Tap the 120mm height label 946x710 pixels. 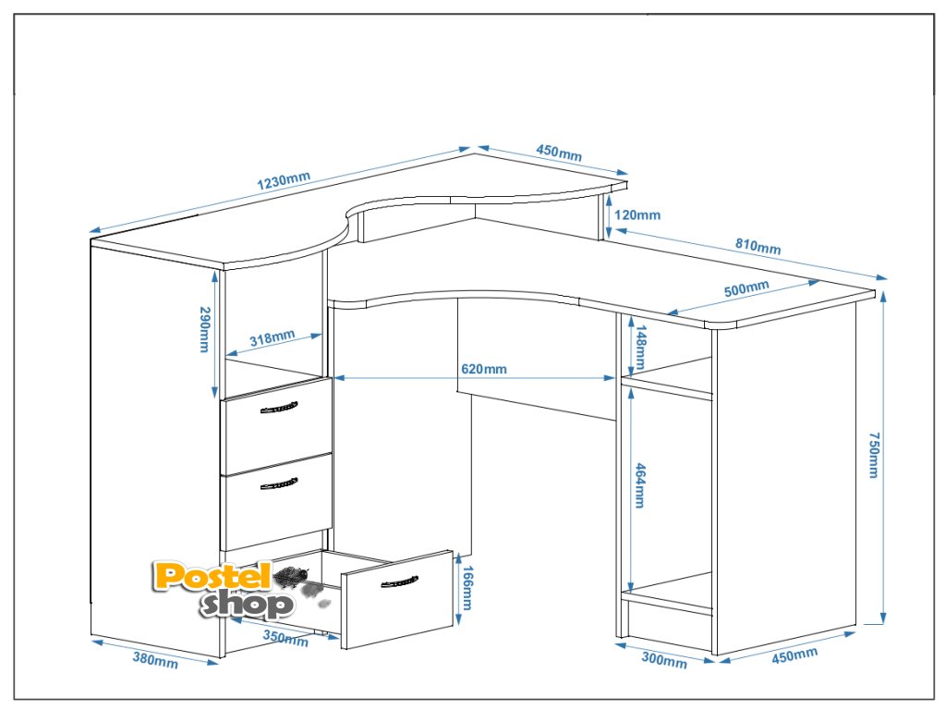637,215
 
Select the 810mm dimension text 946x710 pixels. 758,247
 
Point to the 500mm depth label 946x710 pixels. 746,288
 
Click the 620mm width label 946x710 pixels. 484,370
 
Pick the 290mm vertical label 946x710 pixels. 206,329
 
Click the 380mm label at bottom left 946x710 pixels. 155,659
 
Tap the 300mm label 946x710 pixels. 663,661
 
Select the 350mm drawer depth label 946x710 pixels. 285,638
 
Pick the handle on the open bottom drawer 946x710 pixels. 398,581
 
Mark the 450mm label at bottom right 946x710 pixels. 794,655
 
